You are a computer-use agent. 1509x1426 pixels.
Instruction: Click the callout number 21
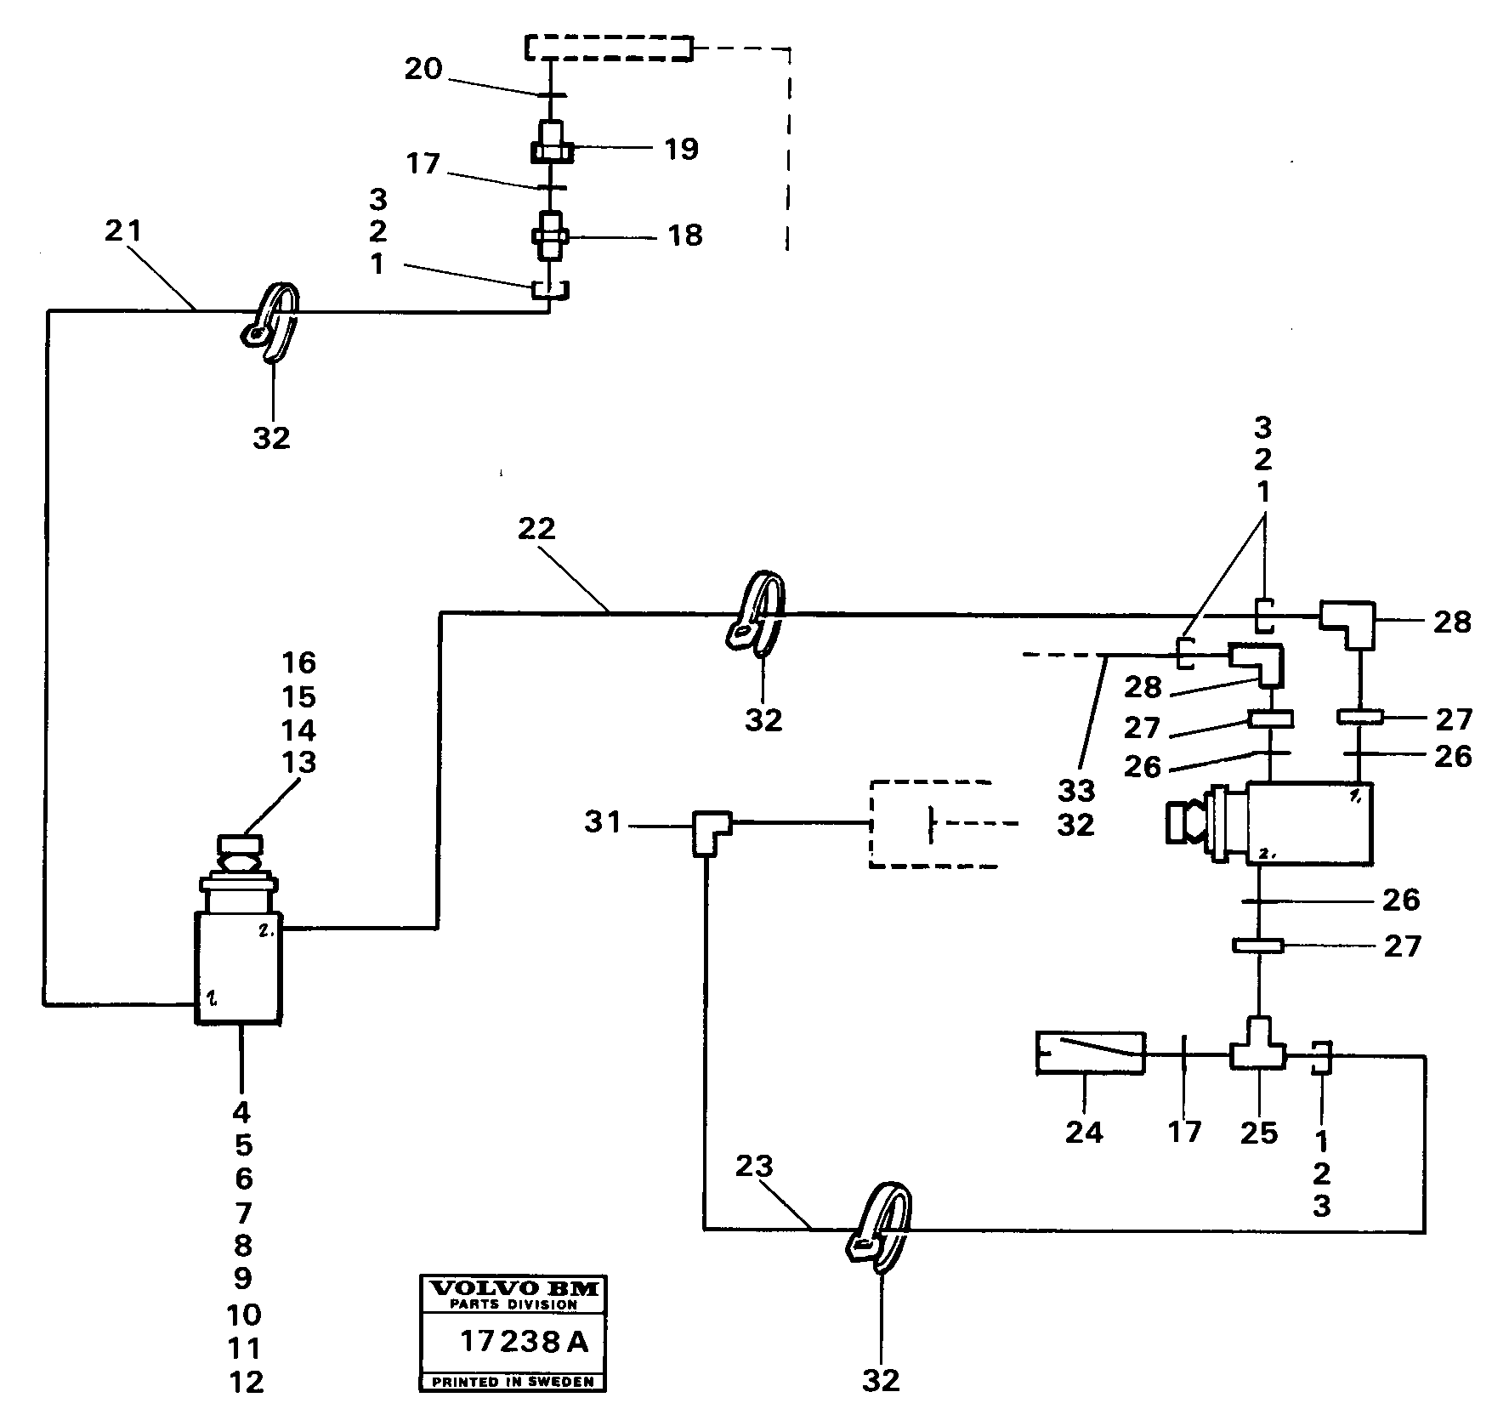[x=122, y=231]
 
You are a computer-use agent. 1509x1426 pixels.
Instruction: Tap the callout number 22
[x=536, y=529]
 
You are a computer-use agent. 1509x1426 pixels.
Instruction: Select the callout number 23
[x=753, y=1167]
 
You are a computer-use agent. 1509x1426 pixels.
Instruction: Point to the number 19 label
[x=681, y=150]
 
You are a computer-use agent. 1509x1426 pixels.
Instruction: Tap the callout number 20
[x=423, y=69]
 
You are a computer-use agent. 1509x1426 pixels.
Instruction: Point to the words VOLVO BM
[x=513, y=1288]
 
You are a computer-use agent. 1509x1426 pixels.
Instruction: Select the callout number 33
[x=1076, y=791]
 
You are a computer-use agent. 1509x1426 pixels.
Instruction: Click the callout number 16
[x=298, y=662]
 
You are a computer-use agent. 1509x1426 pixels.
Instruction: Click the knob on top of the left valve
[x=241, y=844]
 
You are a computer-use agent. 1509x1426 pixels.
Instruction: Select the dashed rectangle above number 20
[x=608, y=48]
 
